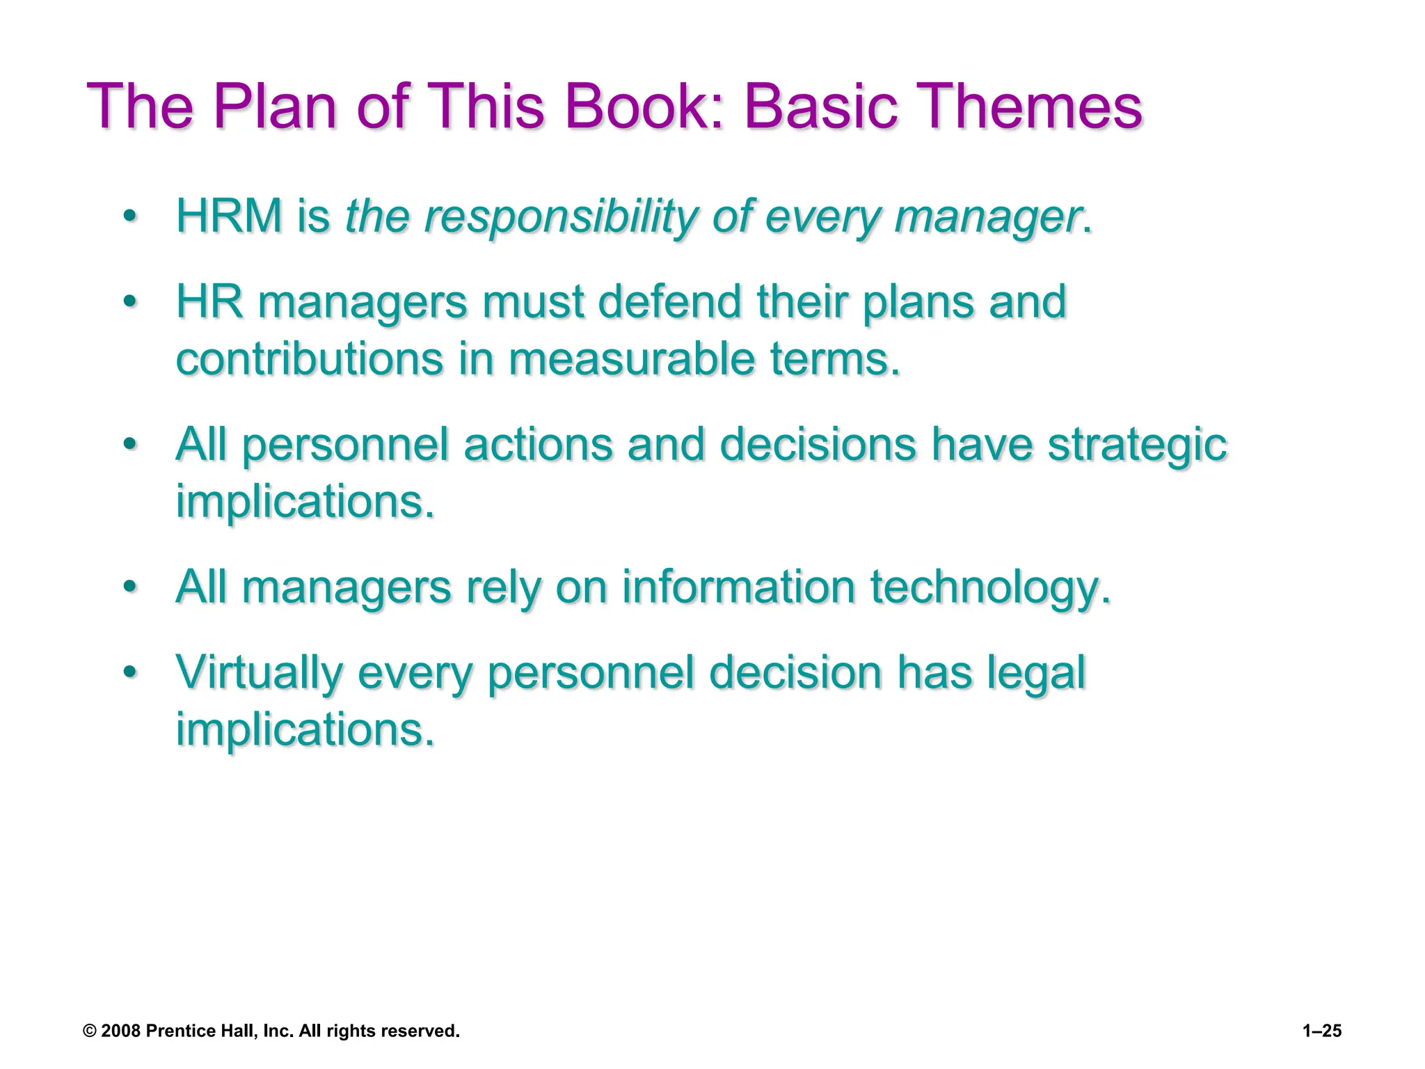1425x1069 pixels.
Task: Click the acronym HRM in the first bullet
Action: [229, 216]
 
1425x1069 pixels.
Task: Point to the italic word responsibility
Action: [560, 217]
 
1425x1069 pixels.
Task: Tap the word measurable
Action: [632, 359]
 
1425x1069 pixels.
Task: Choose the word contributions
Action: [310, 359]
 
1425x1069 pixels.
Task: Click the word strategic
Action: [1137, 445]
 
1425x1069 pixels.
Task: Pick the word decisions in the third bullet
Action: [818, 444]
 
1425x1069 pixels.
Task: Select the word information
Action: [738, 587]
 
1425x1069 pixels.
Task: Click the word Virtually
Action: [260, 674]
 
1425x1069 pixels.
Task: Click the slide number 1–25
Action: [1321, 1031]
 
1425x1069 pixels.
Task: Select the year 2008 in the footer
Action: [121, 1031]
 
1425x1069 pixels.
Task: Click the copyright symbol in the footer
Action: [90, 1031]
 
